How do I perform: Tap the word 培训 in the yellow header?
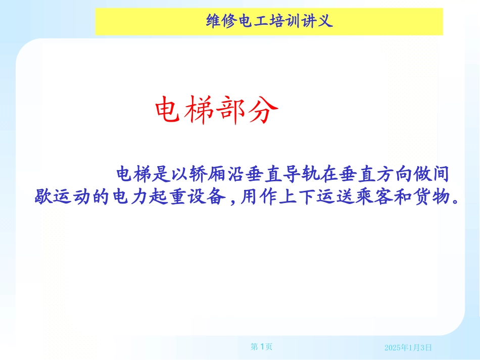283,21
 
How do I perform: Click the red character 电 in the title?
170,110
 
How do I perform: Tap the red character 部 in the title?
232,110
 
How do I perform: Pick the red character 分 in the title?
264,110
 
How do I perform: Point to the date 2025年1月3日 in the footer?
408,347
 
